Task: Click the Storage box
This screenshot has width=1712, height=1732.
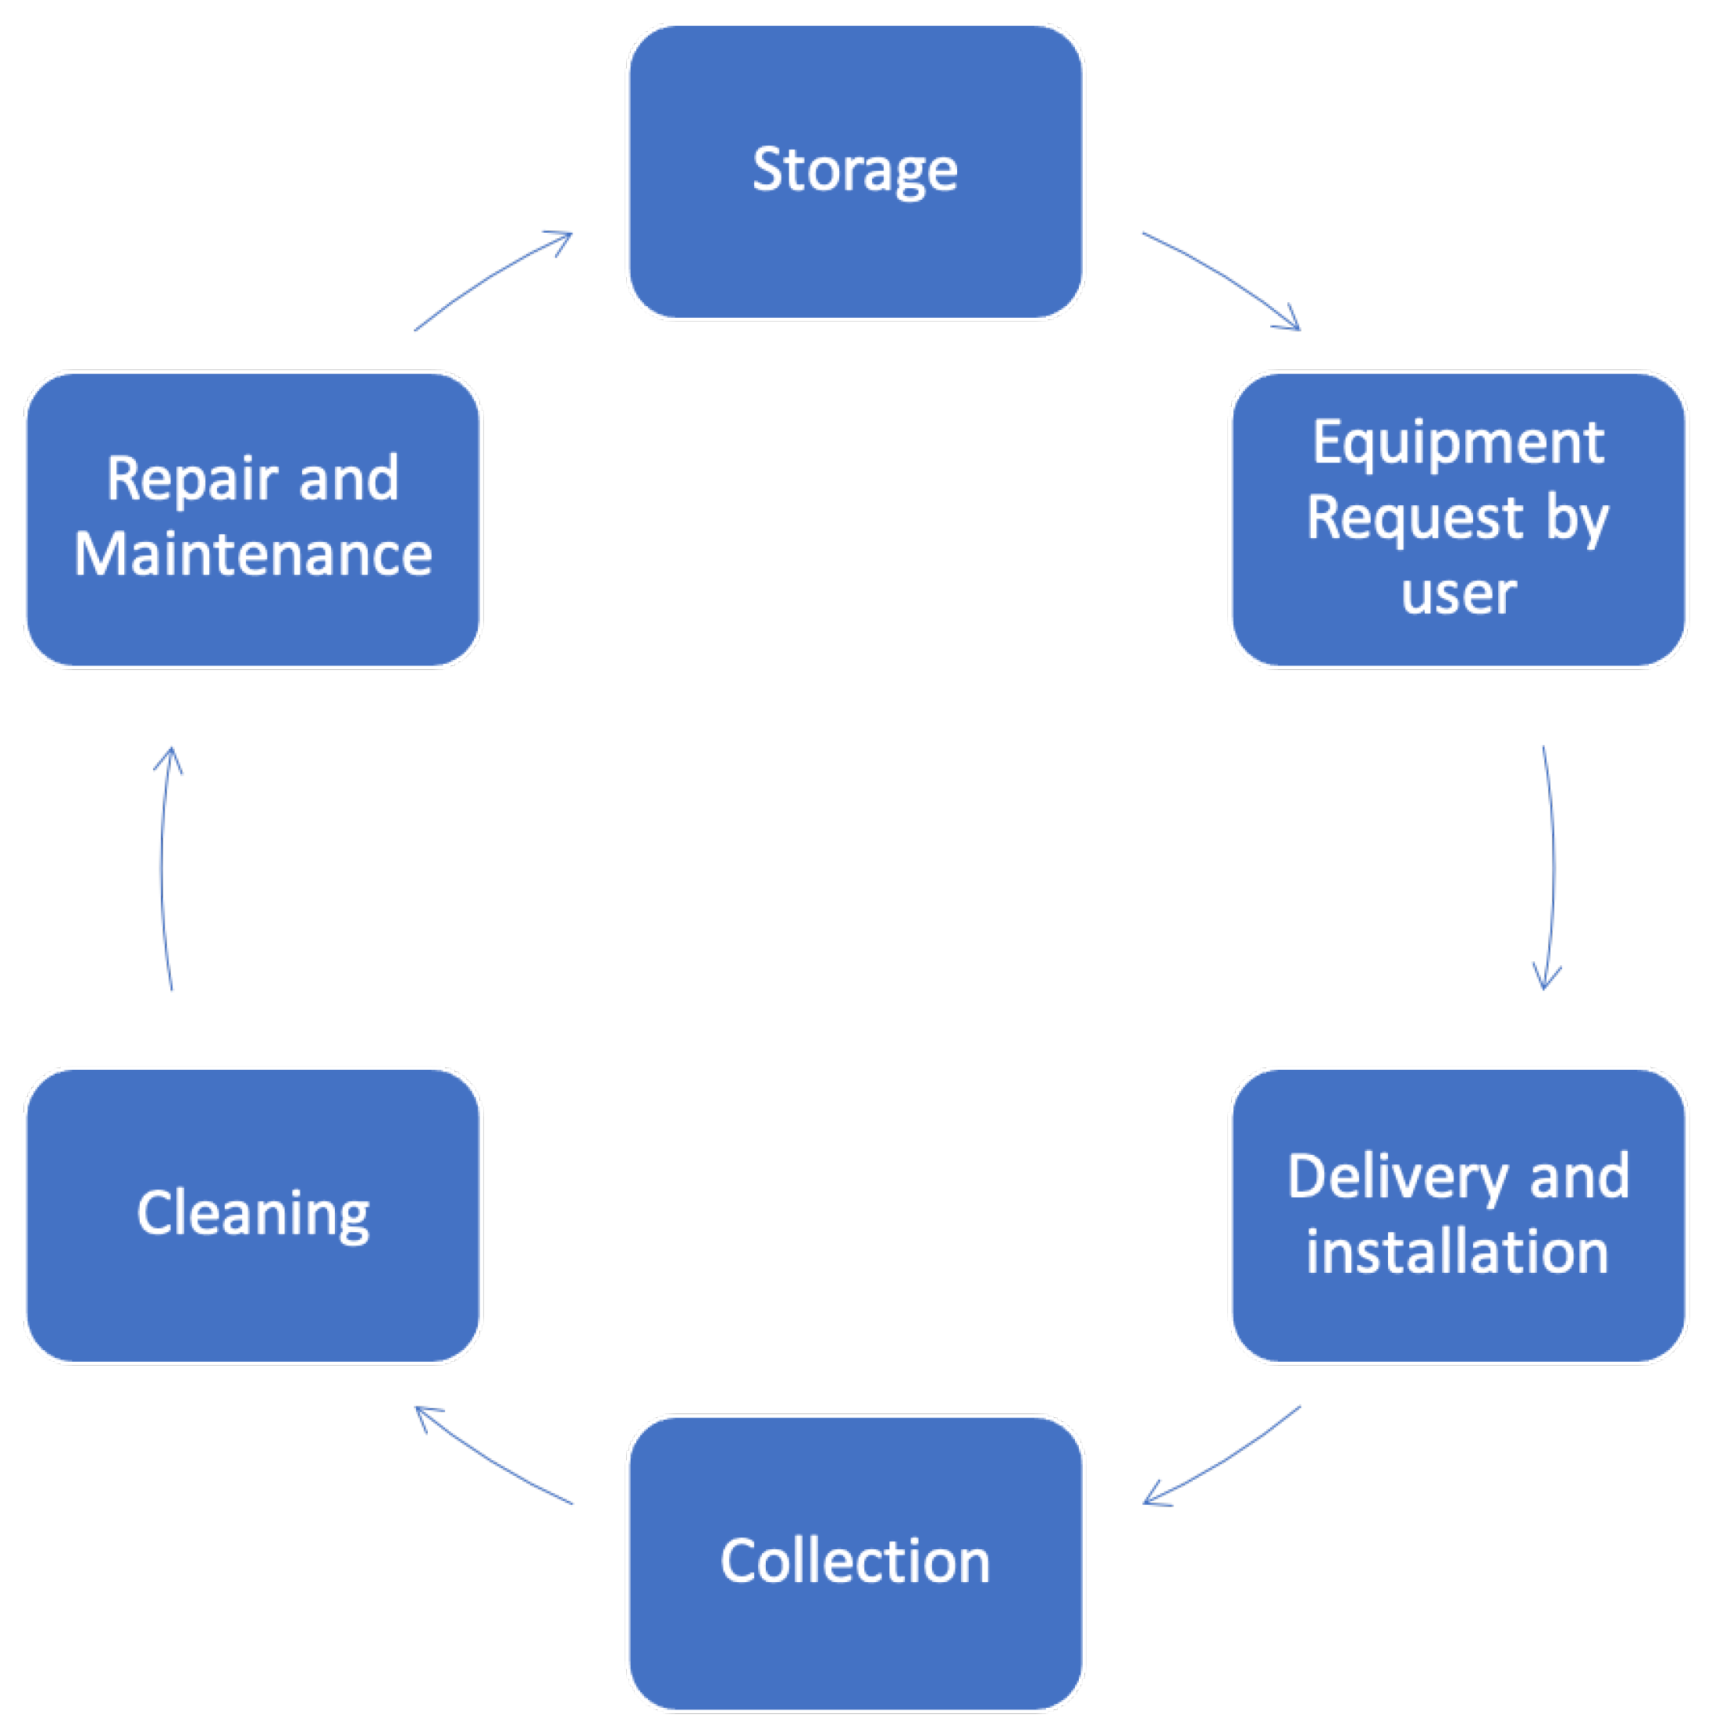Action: (854, 170)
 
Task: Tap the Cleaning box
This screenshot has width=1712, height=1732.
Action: (253, 1215)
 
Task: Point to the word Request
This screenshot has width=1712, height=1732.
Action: (1414, 519)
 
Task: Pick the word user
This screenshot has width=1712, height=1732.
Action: (1458, 593)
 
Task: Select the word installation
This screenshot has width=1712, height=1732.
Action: (1457, 1253)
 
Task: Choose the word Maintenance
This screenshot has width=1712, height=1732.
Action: (253, 554)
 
